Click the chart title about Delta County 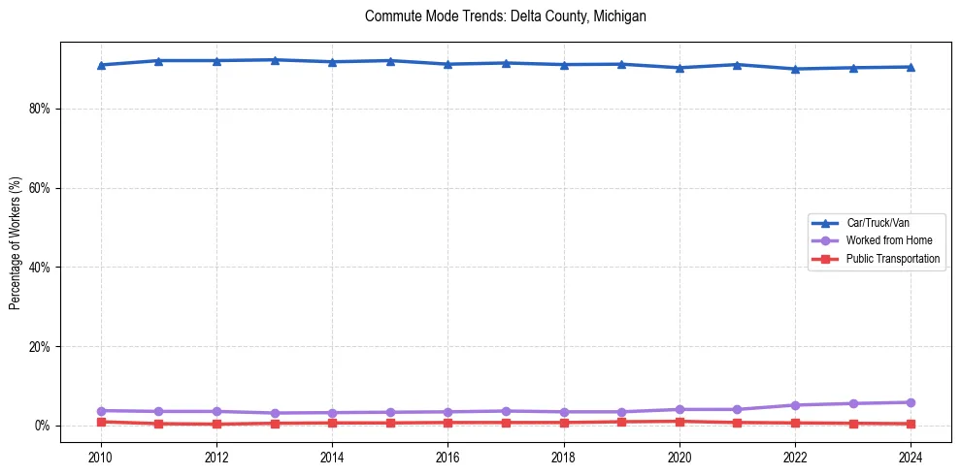pyautogui.click(x=505, y=16)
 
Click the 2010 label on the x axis pyautogui.click(x=101, y=457)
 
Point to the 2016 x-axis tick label pyautogui.click(x=447, y=457)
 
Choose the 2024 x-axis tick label pyautogui.click(x=911, y=457)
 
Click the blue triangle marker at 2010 pyautogui.click(x=101, y=65)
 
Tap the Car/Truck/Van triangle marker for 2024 pyautogui.click(x=911, y=67)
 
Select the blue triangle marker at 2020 pyautogui.click(x=679, y=68)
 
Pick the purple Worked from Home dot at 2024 pyautogui.click(x=911, y=402)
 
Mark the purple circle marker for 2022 pyautogui.click(x=795, y=405)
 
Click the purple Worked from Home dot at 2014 pyautogui.click(x=332, y=413)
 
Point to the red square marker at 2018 pyautogui.click(x=564, y=423)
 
